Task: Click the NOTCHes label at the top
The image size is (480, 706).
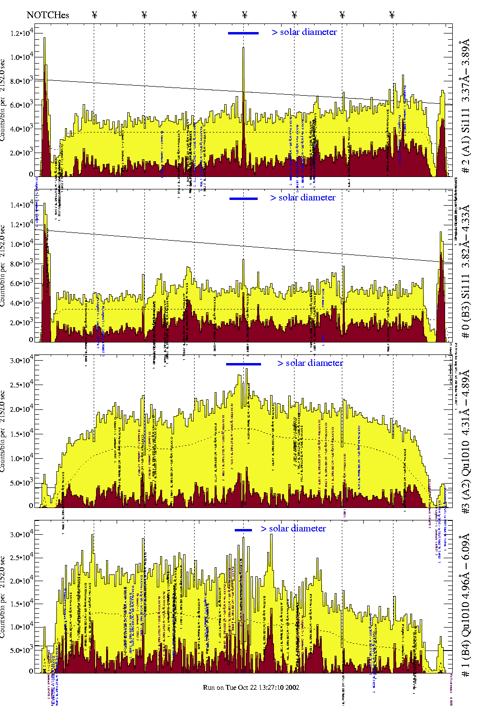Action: tap(47, 15)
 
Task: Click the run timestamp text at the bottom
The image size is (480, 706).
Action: tap(251, 687)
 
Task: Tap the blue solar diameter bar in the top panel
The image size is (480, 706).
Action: tap(243, 33)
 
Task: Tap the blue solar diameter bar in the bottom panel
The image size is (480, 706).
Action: tap(243, 530)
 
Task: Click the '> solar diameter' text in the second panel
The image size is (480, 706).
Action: tap(303, 198)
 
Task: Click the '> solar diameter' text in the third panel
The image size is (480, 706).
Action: tap(310, 363)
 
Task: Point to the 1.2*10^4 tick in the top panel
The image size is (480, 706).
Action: tap(22, 33)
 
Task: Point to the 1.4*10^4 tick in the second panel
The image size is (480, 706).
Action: tap(22, 205)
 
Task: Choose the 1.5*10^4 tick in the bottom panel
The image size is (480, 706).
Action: tap(22, 604)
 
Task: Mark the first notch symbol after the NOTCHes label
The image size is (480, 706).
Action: tap(94, 15)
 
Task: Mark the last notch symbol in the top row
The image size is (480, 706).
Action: tap(392, 15)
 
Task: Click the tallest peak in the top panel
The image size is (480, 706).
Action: tap(44, 38)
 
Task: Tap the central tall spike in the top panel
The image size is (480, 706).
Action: tap(243, 48)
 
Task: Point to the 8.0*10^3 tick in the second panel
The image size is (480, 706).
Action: tap(22, 264)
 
